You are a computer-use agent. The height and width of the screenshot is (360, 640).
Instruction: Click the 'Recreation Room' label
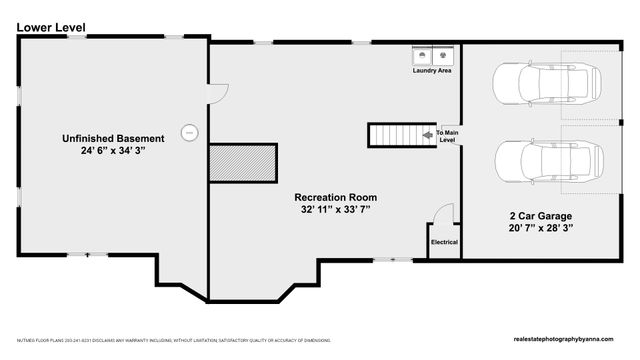tap(333, 197)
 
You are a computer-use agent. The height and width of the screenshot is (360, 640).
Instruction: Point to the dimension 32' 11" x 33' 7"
tap(333, 211)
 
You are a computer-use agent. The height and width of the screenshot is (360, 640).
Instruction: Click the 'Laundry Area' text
tap(432, 71)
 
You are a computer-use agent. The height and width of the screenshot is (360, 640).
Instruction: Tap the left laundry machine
tap(423, 55)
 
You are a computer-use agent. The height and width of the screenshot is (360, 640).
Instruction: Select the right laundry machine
tap(443, 55)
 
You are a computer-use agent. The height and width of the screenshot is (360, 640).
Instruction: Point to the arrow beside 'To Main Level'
tap(427, 133)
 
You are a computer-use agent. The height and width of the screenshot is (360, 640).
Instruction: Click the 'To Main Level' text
tap(446, 136)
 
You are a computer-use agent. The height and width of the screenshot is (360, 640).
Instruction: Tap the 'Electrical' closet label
tap(444, 243)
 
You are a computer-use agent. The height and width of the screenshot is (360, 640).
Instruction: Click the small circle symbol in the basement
tap(188, 130)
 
